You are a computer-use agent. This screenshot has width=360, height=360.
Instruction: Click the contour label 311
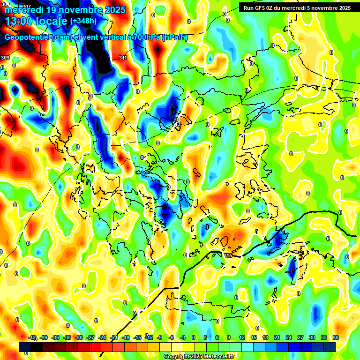pos(123,58)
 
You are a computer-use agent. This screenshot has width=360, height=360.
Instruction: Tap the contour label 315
pos(228,255)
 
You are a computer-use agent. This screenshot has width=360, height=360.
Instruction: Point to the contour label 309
pos(5,58)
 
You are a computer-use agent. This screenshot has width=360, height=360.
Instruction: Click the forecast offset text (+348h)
pos(83,21)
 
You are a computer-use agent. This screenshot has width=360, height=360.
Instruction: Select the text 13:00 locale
pos(36,21)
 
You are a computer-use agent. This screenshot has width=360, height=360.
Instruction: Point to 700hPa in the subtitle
pos(143,37)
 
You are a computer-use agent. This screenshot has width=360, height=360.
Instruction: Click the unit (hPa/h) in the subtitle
pos(174,37)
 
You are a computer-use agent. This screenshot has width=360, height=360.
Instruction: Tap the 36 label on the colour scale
pos(336,337)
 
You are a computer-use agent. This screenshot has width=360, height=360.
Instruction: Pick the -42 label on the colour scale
pos(33,337)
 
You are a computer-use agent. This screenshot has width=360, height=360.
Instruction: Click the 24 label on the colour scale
pos(289,337)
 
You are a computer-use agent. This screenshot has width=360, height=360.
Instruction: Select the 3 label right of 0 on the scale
pos(205,337)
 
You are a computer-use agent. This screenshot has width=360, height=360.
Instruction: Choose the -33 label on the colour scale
pos(67,337)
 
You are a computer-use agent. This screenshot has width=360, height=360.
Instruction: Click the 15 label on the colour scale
pos(254,337)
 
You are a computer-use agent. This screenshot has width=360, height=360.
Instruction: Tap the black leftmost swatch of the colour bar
pos(25,347)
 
